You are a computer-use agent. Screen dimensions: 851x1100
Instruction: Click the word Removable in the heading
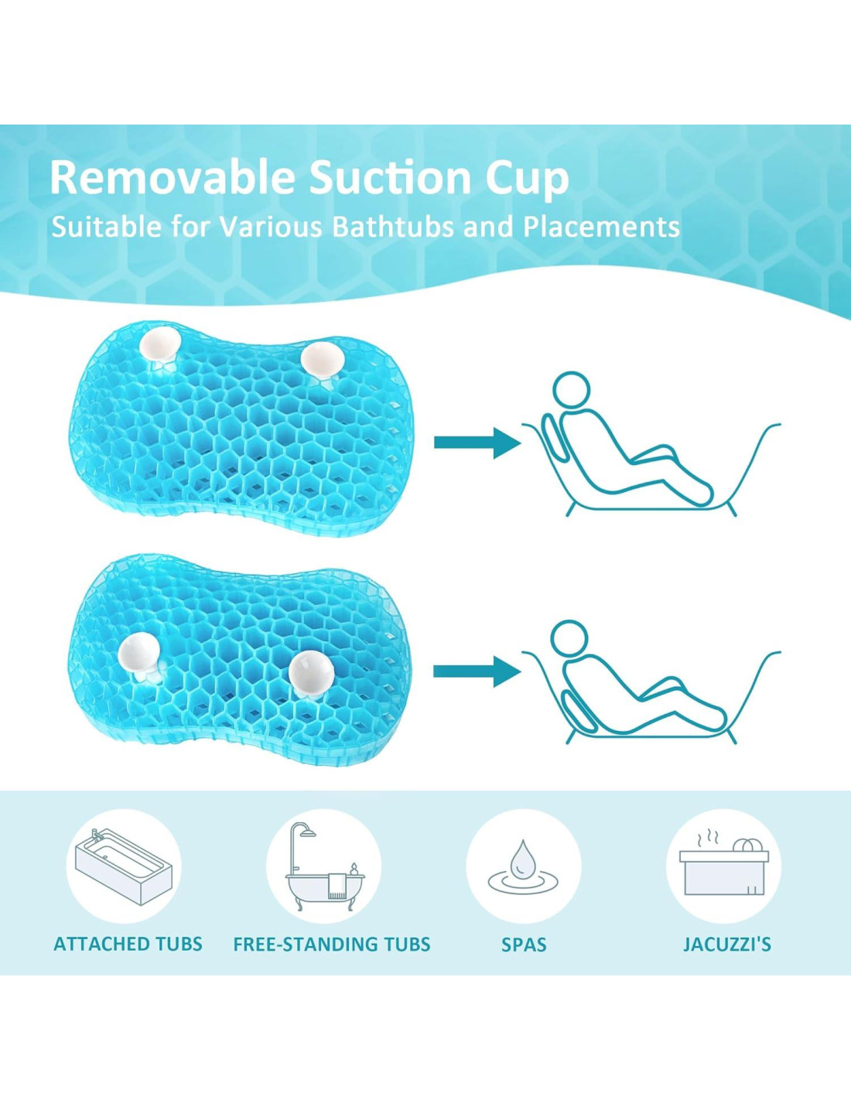172,178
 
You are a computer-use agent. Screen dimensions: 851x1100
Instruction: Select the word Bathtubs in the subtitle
393,227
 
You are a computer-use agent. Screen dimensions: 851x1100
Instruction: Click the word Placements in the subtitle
601,227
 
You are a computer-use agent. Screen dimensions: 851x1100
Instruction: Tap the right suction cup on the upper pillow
323,360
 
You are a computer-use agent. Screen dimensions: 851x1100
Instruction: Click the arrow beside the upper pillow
477,443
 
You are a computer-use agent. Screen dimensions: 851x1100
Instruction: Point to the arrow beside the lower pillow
477,671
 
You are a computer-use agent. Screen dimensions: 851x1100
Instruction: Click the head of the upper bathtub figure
571,391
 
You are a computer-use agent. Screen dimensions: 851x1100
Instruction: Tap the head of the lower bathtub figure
570,640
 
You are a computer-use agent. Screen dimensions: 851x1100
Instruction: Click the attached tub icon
124,868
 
